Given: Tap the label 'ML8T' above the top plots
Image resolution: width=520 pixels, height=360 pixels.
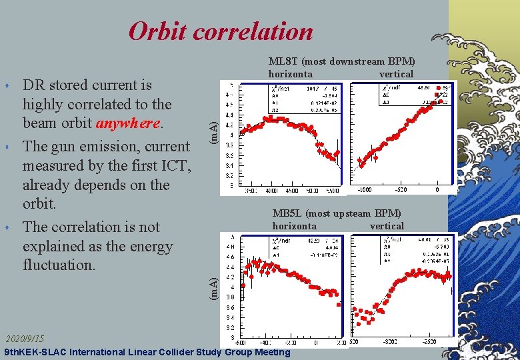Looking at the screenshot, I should click(284, 62).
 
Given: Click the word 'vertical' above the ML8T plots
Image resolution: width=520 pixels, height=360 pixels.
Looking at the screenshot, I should click(396, 74).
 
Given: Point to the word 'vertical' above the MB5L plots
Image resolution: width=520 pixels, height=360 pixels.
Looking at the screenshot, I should click(387, 226).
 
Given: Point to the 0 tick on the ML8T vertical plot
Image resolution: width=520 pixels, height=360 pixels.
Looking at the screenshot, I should click(437, 189).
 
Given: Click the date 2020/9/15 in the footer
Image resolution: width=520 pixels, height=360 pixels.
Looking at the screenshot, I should click(25, 339).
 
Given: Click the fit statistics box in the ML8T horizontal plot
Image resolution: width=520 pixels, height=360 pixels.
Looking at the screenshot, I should click(304, 99).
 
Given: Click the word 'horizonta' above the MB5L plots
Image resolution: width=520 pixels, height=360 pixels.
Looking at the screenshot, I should click(294, 226).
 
